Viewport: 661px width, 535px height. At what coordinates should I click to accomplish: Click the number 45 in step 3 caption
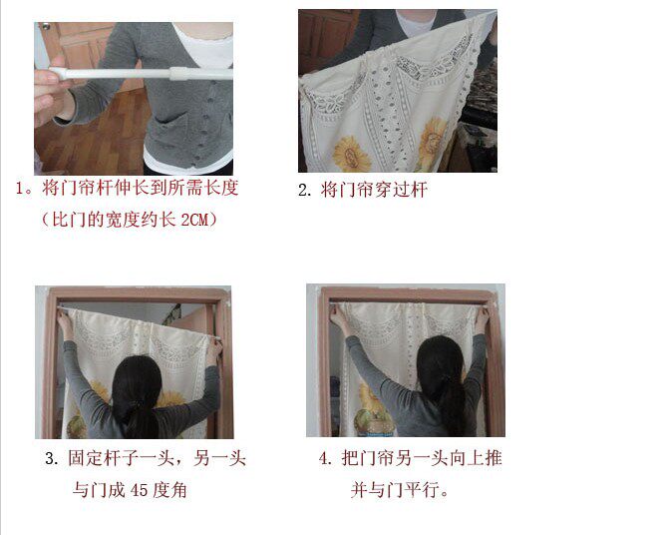139,490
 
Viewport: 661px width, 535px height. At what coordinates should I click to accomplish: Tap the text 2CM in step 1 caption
195,220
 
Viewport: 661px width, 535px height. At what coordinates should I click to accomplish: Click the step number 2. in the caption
305,190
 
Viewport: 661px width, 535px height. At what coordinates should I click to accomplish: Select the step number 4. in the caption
326,458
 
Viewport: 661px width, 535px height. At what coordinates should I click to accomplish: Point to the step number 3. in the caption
52,458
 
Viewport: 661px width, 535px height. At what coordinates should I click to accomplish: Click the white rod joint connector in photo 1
177,73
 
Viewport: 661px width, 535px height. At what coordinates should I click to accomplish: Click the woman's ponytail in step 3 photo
140,417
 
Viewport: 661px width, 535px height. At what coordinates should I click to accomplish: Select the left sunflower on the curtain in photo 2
352,154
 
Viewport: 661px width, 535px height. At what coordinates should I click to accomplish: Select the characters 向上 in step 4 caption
466,458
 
